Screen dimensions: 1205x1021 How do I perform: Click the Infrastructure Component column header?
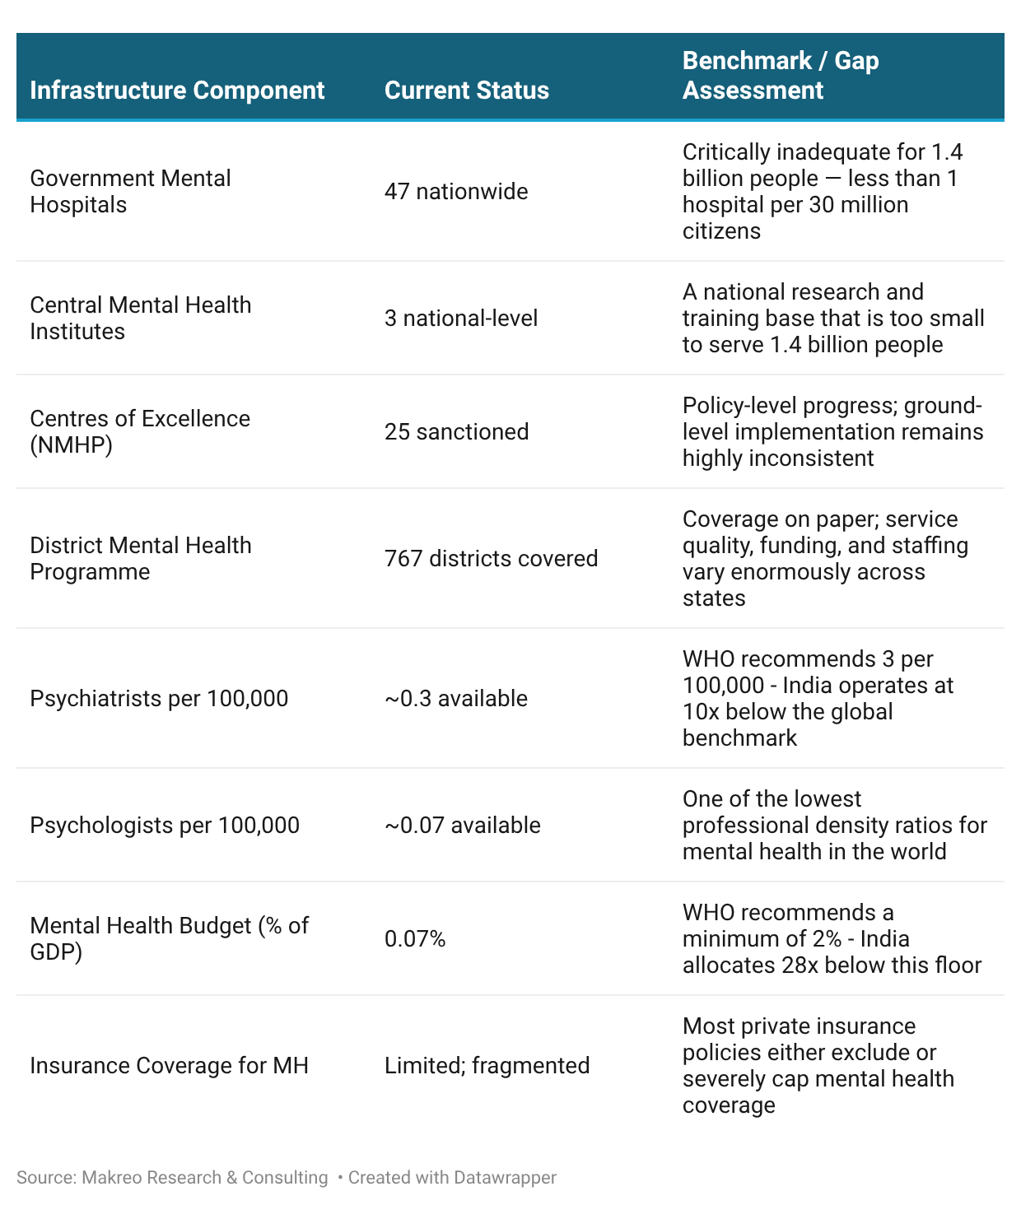point(177,90)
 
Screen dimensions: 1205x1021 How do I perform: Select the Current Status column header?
point(466,90)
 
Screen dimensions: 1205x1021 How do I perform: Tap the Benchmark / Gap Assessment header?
point(781,75)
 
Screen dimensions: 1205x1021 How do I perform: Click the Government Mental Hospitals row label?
point(130,191)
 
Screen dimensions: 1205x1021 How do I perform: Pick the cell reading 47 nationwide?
point(456,191)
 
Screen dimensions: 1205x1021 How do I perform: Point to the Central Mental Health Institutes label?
point(140,318)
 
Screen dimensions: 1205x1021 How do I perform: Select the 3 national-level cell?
point(460,318)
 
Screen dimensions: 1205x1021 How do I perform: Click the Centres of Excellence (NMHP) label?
point(139,431)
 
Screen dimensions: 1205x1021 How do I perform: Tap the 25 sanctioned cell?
point(456,431)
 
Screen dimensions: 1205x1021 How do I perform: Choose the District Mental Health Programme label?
point(140,558)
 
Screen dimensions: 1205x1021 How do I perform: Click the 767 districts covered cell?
point(491,558)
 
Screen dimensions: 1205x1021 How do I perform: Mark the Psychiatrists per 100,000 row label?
point(159,698)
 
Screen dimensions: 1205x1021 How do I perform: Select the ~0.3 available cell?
point(455,698)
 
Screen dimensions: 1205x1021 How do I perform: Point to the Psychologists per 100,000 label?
point(165,825)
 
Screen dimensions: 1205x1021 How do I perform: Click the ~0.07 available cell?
point(462,825)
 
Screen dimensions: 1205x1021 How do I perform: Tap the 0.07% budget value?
point(415,938)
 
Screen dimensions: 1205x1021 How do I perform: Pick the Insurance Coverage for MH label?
point(169,1065)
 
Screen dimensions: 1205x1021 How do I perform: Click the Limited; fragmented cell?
point(487,1065)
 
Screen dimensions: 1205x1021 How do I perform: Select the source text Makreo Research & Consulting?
point(204,1177)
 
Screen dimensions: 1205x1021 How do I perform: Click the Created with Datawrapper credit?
point(452,1177)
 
